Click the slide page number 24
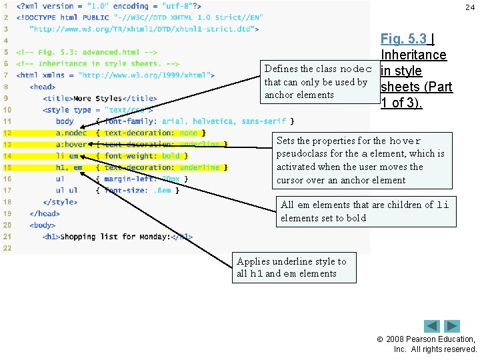tap(470, 7)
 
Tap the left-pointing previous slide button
tap(432, 326)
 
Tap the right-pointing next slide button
tap(453, 326)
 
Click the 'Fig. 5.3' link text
tap(403, 39)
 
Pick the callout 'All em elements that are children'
tap(365, 211)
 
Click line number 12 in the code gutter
tap(7, 133)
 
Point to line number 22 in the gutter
tap(7, 247)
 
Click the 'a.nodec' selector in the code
tap(71, 133)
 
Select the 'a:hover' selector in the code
tap(71, 144)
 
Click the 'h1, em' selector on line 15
tap(69, 167)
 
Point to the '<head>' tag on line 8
tap(43, 87)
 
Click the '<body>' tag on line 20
tap(43, 225)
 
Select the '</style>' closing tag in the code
tap(60, 201)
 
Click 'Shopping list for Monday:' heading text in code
tap(115, 236)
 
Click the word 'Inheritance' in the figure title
tap(413, 55)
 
